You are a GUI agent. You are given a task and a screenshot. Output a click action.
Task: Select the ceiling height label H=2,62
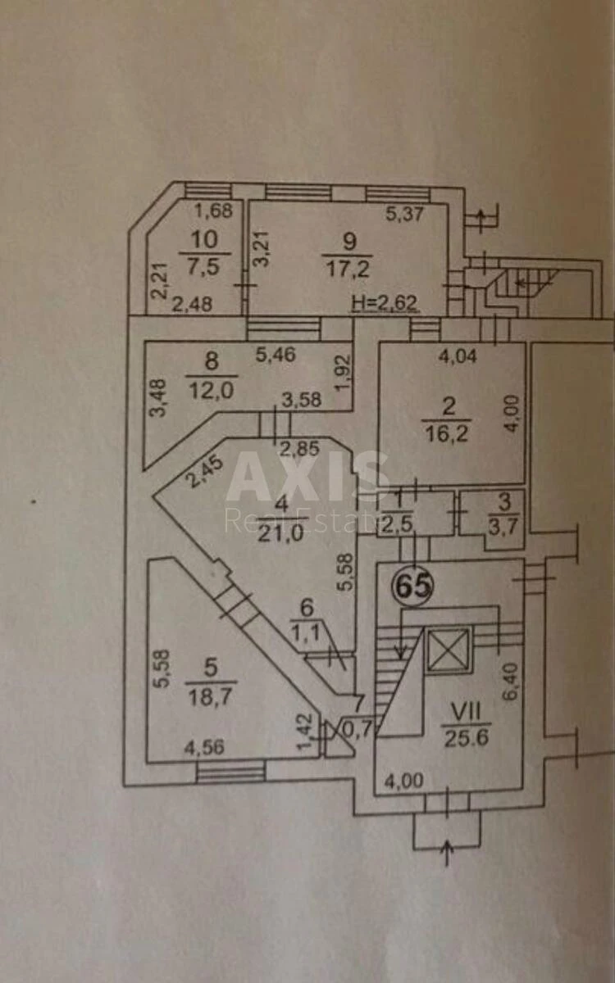point(385,304)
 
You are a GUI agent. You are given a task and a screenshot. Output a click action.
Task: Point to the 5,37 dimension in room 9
point(404,215)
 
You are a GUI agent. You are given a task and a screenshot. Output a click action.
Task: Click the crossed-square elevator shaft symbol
point(449,650)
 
